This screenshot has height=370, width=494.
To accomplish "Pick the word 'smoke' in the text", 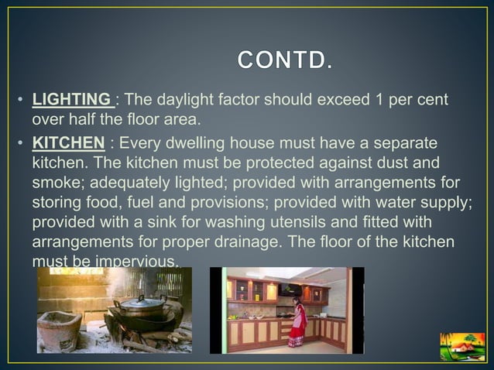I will tap(54, 183).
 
